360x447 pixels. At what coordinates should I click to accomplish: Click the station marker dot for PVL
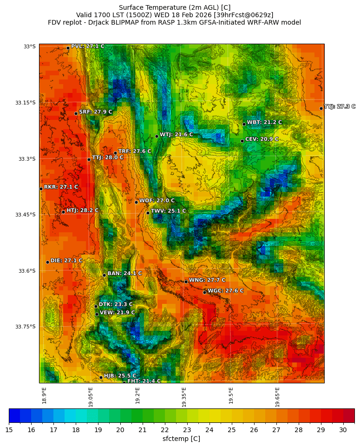[68, 48]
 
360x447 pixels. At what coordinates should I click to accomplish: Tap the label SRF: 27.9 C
[95, 112]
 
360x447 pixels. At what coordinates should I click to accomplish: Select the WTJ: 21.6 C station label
[176, 135]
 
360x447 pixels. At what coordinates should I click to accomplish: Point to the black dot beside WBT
[244, 124]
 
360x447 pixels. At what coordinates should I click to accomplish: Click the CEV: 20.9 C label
[262, 139]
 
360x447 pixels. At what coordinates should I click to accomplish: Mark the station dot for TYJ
[321, 108]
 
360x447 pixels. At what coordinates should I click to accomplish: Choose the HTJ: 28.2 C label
[82, 210]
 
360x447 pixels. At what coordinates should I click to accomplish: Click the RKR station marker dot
[41, 189]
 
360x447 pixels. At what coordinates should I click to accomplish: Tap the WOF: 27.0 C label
[157, 201]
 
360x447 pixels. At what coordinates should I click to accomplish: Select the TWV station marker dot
[148, 213]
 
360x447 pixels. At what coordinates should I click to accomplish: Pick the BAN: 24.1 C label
[124, 274]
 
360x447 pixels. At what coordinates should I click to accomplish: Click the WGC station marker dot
[204, 292]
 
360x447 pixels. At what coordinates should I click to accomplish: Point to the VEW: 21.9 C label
[117, 313]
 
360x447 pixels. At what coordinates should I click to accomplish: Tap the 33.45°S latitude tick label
[26, 215]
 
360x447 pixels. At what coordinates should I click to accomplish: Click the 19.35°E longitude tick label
[184, 397]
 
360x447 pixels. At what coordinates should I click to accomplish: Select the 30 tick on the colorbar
[343, 430]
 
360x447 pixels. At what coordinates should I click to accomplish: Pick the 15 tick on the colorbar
[9, 430]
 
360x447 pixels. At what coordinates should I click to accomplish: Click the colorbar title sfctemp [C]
[181, 439]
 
